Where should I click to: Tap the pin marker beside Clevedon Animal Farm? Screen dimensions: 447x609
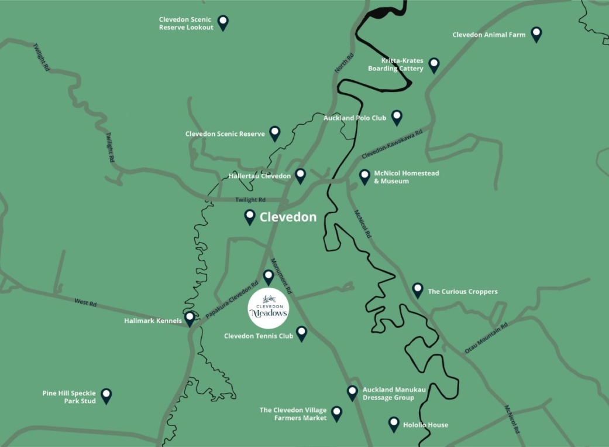[536, 34]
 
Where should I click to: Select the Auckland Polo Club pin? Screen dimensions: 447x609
[397, 117]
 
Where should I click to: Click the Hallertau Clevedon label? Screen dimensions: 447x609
[259, 176]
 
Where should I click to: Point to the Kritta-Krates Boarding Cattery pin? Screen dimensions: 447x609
[434, 64]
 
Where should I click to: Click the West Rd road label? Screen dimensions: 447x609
[85, 302]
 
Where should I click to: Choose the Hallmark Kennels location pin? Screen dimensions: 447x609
[190, 318]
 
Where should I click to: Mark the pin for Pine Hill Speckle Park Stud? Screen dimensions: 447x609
[106, 395]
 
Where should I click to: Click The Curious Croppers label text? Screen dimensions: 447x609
[463, 292]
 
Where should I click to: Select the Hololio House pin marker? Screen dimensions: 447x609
[394, 424]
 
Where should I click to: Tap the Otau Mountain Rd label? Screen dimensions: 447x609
[486, 337]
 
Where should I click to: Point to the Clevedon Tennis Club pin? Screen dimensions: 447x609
[301, 333]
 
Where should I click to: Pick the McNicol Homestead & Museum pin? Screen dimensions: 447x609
[364, 176]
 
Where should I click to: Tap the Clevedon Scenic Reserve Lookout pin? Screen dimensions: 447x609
[223, 22]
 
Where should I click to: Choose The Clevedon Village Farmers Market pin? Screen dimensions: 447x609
[337, 414]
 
